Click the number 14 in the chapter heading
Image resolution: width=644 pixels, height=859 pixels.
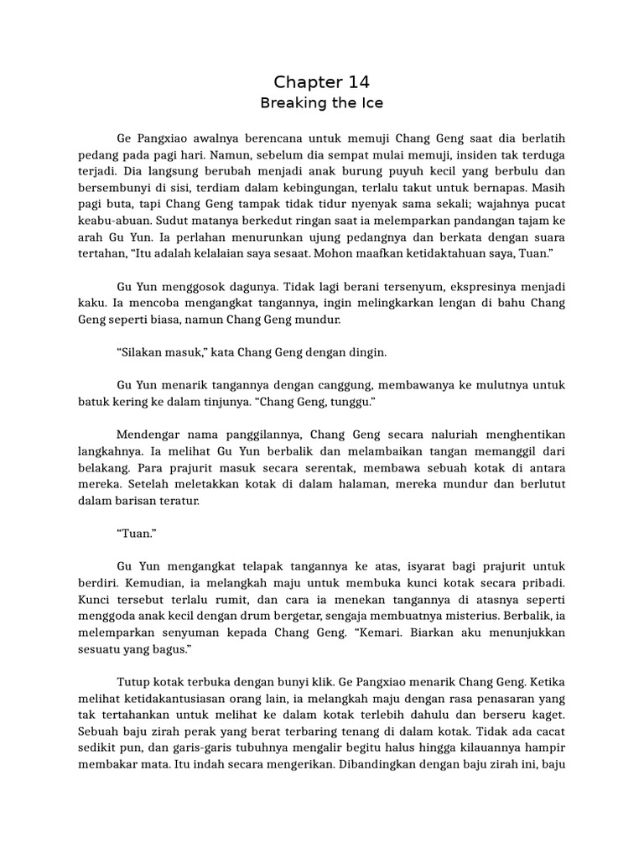(357, 81)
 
